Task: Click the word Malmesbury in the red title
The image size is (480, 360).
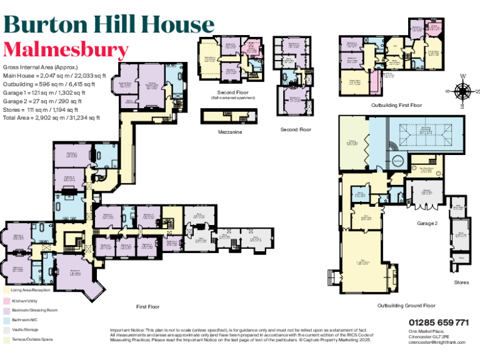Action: (66, 49)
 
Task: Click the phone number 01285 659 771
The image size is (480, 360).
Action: (439, 322)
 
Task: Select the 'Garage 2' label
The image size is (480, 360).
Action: (427, 222)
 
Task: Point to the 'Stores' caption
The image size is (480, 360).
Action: (461, 282)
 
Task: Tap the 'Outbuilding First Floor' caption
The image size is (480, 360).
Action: (396, 106)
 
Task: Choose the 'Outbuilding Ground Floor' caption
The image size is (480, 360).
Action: (406, 306)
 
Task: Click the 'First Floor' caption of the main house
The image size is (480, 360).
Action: (148, 307)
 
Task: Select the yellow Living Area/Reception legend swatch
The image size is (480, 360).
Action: (6, 291)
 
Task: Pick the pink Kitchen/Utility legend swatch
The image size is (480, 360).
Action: (6, 301)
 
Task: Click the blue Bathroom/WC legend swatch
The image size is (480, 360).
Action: (6, 320)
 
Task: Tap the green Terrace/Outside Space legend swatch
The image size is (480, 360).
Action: (6, 339)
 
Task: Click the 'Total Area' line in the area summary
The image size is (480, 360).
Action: (51, 117)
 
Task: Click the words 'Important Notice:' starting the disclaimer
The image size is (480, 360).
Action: (127, 329)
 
